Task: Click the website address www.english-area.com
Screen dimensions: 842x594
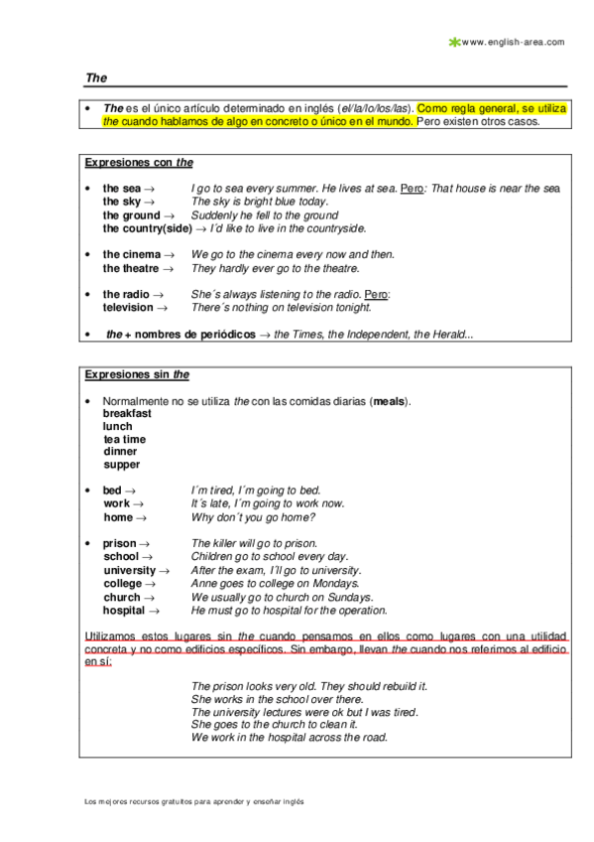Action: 513,42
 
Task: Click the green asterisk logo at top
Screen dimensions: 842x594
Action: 454,42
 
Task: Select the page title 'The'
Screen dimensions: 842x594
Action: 96,76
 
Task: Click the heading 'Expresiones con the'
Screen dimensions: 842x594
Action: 139,163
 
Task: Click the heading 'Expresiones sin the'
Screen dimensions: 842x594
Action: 137,374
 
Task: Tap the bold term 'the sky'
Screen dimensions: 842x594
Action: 122,202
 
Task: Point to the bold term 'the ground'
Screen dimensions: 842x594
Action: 131,215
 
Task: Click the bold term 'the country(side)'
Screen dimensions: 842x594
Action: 148,228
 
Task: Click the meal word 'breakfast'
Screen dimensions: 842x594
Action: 127,413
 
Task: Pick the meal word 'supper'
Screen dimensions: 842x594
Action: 121,465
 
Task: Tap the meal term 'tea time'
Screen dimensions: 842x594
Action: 124,439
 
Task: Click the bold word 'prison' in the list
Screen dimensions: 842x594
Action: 120,543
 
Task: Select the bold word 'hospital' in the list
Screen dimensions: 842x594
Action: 124,611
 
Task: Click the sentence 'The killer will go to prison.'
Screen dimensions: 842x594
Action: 254,543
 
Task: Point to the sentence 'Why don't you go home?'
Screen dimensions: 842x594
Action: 253,517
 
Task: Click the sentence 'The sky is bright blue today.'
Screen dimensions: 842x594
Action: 259,202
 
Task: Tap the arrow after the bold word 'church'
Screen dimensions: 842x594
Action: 150,598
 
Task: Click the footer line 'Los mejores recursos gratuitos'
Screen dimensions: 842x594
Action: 192,800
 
